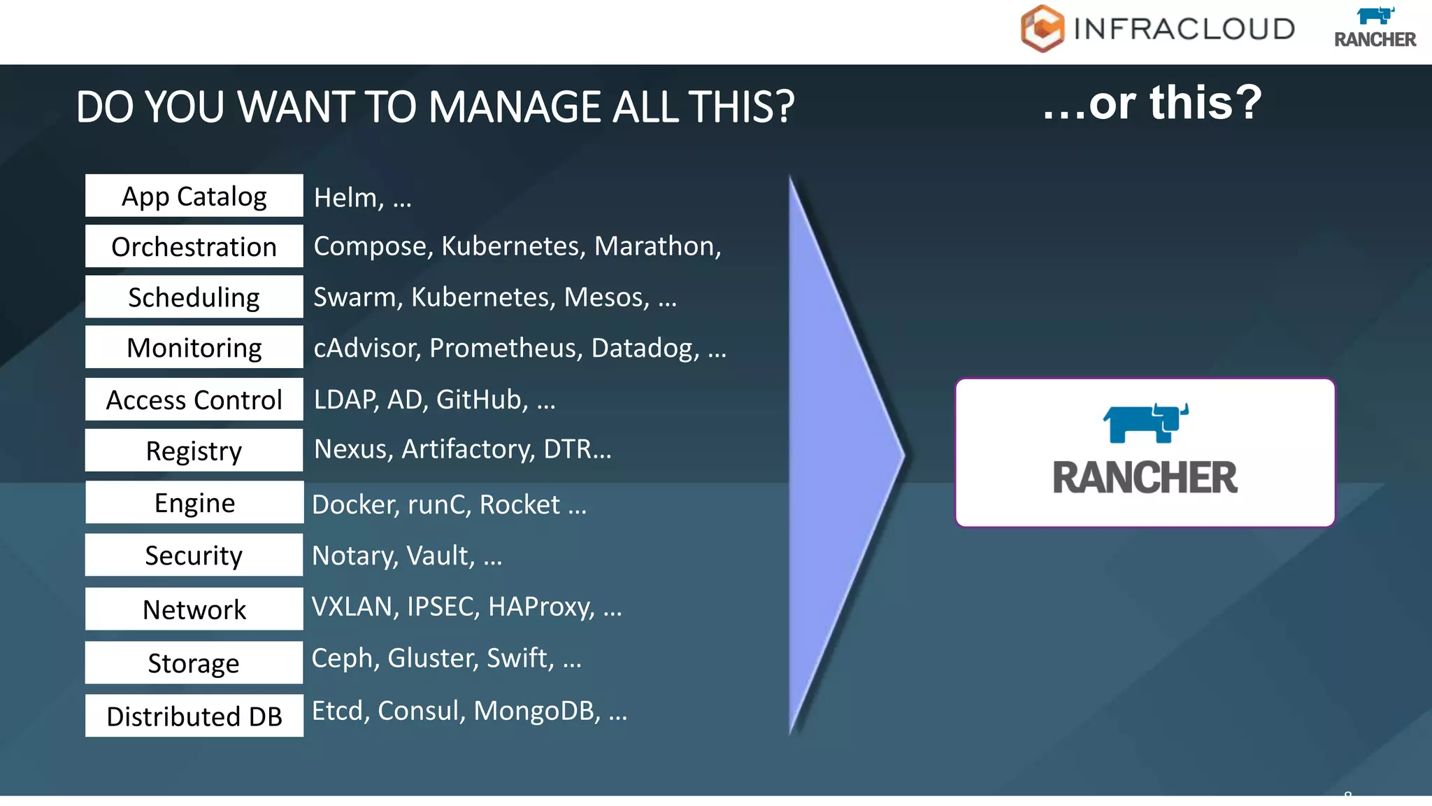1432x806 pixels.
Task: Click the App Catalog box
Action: click(x=194, y=196)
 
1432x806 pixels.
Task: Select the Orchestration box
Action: click(x=194, y=246)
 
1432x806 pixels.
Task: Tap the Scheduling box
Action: click(x=194, y=297)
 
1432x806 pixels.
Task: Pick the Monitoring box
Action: click(x=194, y=347)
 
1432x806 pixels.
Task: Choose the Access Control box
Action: click(x=194, y=400)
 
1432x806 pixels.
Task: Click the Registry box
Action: click(x=194, y=451)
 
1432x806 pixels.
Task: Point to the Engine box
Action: click(x=194, y=502)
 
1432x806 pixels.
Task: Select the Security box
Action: click(x=194, y=555)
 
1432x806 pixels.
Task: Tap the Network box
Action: click(x=194, y=609)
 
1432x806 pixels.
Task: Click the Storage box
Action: click(x=194, y=663)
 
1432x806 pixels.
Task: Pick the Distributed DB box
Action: click(x=194, y=716)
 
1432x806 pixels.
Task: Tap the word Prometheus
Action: click(x=506, y=348)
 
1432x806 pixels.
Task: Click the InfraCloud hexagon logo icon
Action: click(x=1042, y=29)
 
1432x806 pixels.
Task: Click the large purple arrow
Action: click(x=839, y=455)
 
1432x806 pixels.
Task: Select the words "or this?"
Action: click(x=1175, y=103)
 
